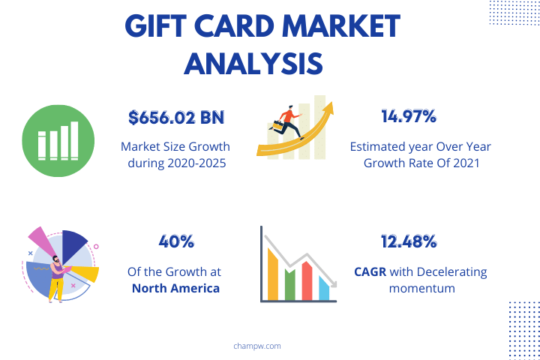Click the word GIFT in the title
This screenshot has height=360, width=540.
tap(154, 25)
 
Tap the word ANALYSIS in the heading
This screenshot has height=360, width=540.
tap(253, 64)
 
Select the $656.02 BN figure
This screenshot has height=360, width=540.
tap(176, 118)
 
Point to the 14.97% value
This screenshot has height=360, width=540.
tap(409, 116)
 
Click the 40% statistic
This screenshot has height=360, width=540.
tap(176, 241)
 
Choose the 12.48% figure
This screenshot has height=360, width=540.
tap(409, 241)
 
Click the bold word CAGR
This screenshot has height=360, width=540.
tap(370, 271)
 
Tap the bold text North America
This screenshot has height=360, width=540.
tap(175, 288)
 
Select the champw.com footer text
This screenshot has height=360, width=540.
tap(257, 346)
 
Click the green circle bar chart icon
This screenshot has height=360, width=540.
tap(58, 141)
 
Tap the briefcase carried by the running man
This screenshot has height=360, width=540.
tap(278, 125)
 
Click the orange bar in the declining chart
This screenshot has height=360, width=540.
tap(273, 274)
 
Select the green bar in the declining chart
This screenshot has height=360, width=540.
tap(290, 284)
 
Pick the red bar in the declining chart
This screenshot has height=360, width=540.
tap(307, 280)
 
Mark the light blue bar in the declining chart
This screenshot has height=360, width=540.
tap(324, 288)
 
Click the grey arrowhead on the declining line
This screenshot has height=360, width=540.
tap(333, 284)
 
